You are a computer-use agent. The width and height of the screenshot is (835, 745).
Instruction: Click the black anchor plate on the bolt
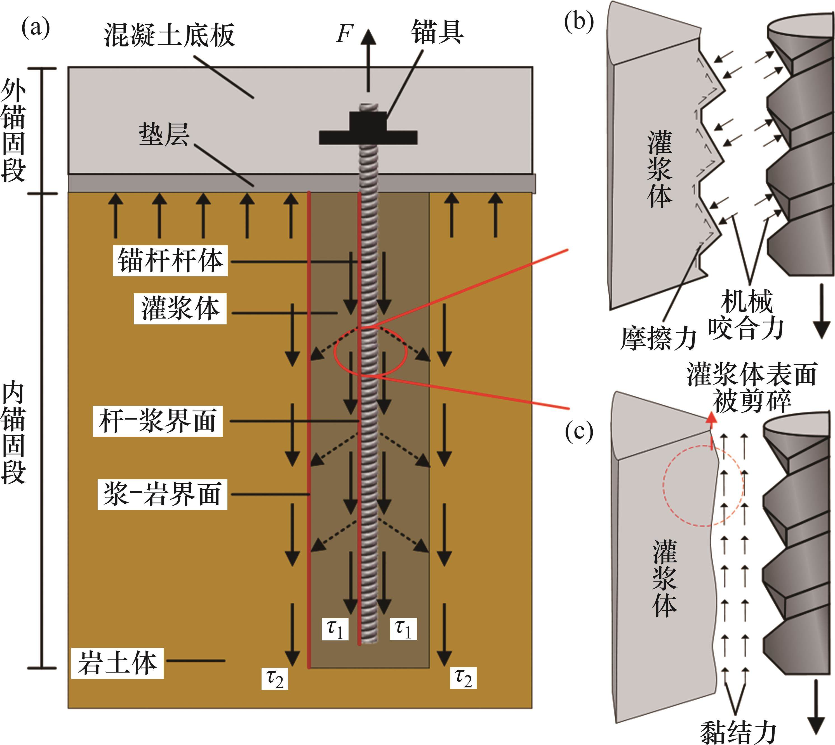[x=368, y=136]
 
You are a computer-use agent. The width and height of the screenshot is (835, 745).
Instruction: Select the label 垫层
[x=164, y=134]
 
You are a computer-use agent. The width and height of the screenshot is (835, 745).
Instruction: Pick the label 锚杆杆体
[x=170, y=261]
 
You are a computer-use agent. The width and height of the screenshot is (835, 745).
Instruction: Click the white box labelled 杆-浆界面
[x=158, y=421]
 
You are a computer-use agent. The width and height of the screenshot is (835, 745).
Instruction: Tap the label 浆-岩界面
[x=162, y=494]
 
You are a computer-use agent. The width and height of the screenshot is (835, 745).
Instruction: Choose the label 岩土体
[x=117, y=663]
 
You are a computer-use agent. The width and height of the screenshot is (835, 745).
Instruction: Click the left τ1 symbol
[x=335, y=629]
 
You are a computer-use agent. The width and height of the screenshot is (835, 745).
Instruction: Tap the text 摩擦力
[x=658, y=339]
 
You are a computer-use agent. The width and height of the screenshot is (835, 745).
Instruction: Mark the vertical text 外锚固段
[x=13, y=131]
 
